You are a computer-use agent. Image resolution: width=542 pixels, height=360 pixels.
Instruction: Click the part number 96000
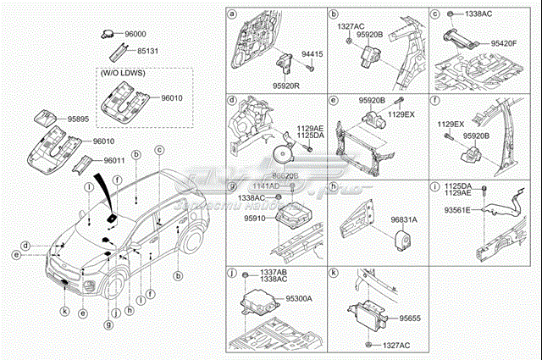(x=135, y=35)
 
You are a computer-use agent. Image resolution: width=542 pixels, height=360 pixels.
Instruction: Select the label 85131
(x=135, y=50)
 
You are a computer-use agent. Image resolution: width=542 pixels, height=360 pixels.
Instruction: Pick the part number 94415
(x=314, y=54)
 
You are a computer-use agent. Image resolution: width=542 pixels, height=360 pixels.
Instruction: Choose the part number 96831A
(x=403, y=219)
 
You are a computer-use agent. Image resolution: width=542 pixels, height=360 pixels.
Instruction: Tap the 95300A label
(x=298, y=298)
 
